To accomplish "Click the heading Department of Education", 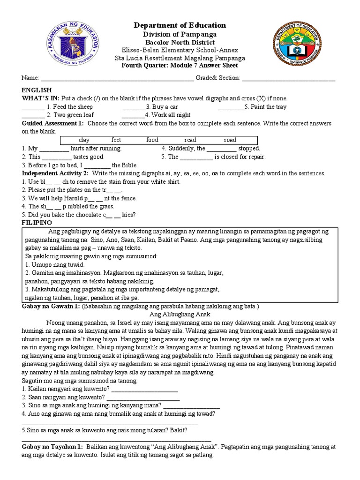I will [x=180, y=25].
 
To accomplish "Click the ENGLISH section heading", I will [x=37, y=90].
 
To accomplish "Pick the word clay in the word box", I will [x=84, y=140].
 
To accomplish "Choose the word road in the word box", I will [x=230, y=140].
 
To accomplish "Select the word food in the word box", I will [x=152, y=140].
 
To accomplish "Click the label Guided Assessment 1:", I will [x=52, y=123].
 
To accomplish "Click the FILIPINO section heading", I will [x=37, y=222].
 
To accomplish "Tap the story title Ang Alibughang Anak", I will [x=180, y=314].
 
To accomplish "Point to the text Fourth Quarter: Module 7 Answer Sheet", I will [x=180, y=66].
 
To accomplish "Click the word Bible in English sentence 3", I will [x=130, y=165].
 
